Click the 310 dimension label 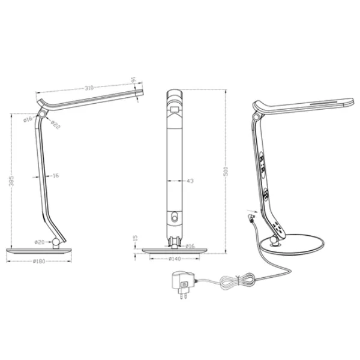[89, 88]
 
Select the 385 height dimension [11, 181]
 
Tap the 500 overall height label [226, 172]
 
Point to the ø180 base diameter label [39, 261]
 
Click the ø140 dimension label [175, 259]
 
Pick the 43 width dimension [190, 181]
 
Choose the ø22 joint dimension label [55, 125]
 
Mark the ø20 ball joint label [40, 242]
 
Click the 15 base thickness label [136, 238]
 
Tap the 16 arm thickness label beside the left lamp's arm [56, 176]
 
